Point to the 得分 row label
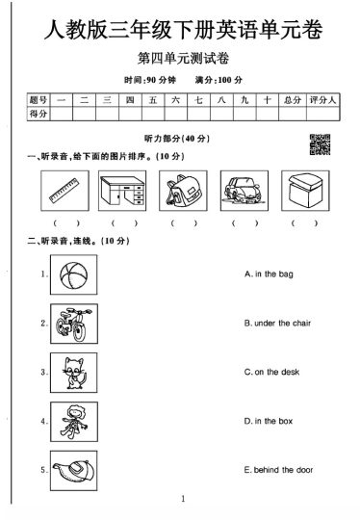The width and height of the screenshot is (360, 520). pos(39,114)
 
